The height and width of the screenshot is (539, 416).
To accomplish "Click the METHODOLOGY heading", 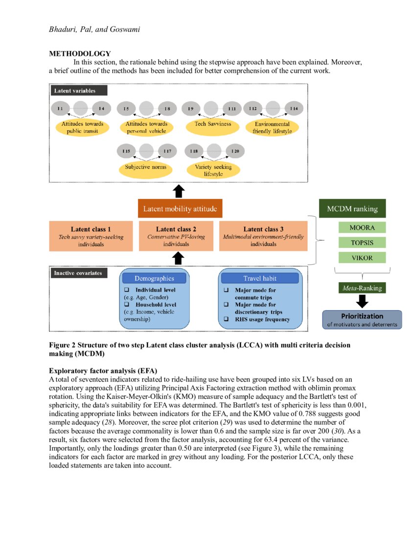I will pos(80,54).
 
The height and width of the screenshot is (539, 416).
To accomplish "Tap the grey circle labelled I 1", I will pos(60,108).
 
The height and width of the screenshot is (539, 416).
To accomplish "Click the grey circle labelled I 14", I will pos(101,108).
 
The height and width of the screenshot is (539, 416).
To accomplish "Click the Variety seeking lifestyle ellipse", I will pos(213,170).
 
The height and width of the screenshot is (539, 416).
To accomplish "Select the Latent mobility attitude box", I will pos(181,209).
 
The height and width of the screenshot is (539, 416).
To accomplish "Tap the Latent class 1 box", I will pos(91,236).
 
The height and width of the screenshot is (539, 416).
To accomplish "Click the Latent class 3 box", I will pos(263,236).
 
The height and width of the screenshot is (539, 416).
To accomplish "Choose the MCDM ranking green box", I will pos(352,209).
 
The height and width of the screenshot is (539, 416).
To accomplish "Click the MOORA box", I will pos(363,228).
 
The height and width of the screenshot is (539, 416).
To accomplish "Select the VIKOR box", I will pos(363,257).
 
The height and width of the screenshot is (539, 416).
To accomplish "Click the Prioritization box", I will pos(362,319).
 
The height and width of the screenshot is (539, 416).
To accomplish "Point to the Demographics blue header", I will pos(154,278).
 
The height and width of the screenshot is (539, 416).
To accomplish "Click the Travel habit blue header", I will pos(260,278).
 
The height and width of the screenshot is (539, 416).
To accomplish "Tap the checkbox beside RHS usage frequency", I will pos(226,319).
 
